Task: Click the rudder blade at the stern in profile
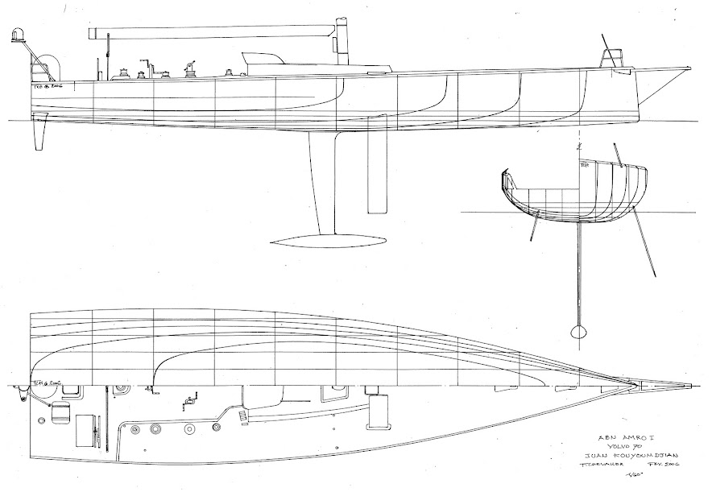tap(39, 134)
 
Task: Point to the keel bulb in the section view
tap(578, 330)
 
